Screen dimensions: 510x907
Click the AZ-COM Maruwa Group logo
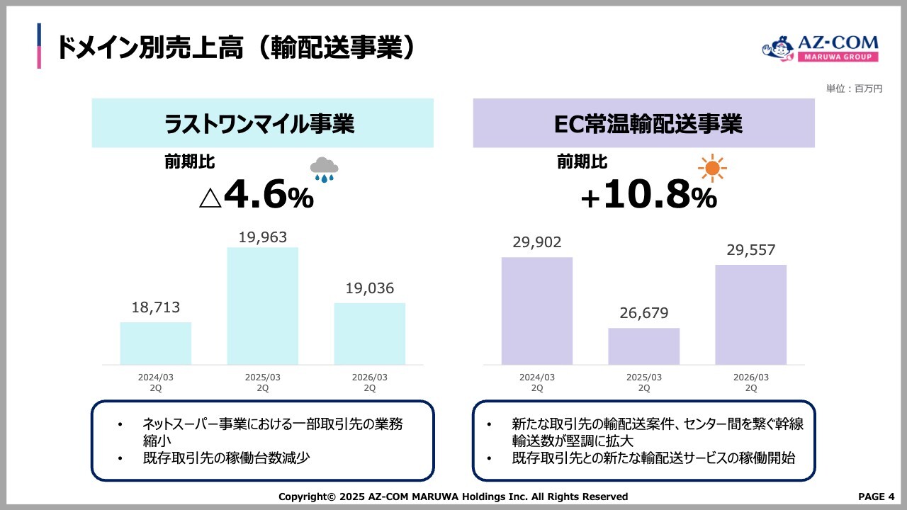pos(820,50)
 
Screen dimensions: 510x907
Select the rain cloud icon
pos(324,169)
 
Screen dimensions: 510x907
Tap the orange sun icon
pos(712,169)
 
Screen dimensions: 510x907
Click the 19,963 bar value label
pos(263,237)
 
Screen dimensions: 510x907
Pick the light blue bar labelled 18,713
pos(156,344)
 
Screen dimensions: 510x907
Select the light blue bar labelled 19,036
pos(370,334)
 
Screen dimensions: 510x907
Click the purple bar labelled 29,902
pos(537,311)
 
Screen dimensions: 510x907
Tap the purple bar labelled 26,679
pos(643,346)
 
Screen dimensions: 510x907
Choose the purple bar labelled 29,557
pos(751,314)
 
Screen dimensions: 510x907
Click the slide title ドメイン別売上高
pos(234,48)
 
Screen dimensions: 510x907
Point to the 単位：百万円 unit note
pos(854,89)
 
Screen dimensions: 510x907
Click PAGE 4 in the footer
pos(877,496)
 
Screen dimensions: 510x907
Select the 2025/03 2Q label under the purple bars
pos(644,382)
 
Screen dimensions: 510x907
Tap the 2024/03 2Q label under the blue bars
pos(156,382)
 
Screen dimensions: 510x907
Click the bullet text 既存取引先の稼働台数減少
pos(226,458)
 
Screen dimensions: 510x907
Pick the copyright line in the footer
pos(453,497)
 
